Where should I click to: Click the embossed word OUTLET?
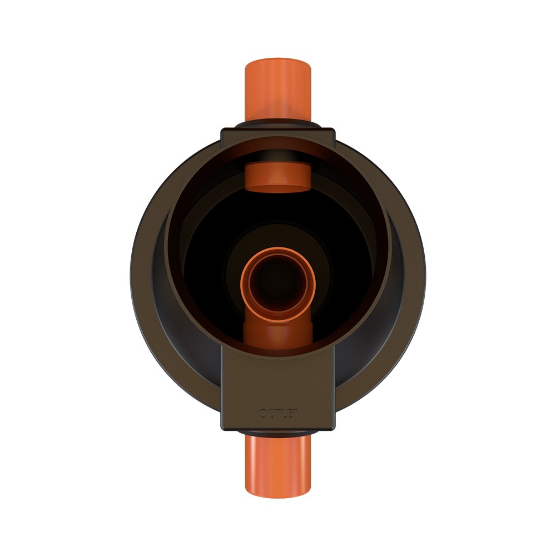(x=279, y=414)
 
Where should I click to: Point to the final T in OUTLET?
(x=295, y=414)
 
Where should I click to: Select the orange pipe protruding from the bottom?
(x=278, y=466)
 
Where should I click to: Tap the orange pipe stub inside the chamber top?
(x=278, y=177)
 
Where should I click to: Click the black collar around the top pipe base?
(x=278, y=124)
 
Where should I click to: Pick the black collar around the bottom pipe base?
(x=278, y=433)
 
